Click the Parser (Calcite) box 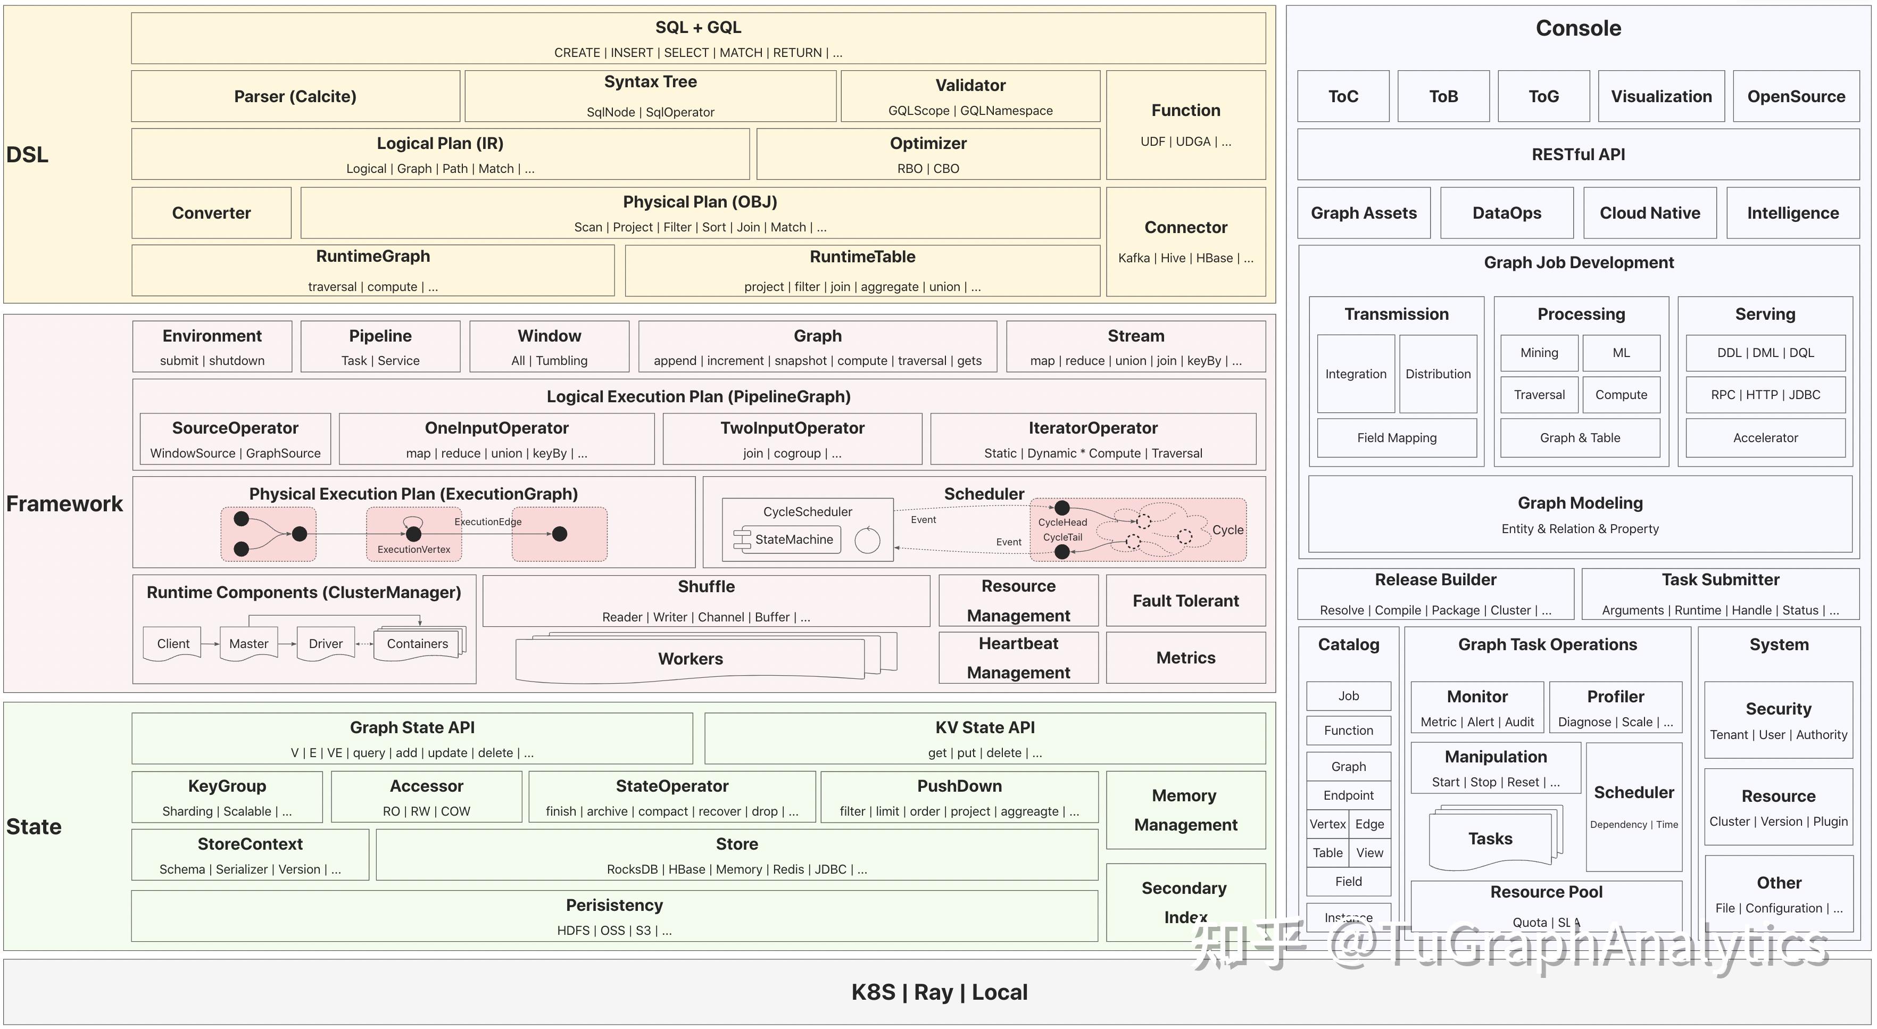pyautogui.click(x=295, y=96)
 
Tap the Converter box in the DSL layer pyautogui.click(x=211, y=213)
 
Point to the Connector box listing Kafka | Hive pyautogui.click(x=1185, y=241)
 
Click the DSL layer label pyautogui.click(x=27, y=154)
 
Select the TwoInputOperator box pyautogui.click(x=792, y=439)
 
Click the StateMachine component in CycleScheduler pyautogui.click(x=793, y=540)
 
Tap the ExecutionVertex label pyautogui.click(x=413, y=550)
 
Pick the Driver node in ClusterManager pyautogui.click(x=325, y=643)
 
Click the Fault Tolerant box pyautogui.click(x=1185, y=601)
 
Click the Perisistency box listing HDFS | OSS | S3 pyautogui.click(x=614, y=916)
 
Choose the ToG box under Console pyautogui.click(x=1543, y=96)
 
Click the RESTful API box pyautogui.click(x=1578, y=154)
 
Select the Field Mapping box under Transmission pyautogui.click(x=1396, y=437)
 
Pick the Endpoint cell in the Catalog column pyautogui.click(x=1348, y=795)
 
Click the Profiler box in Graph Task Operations pyautogui.click(x=1615, y=707)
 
